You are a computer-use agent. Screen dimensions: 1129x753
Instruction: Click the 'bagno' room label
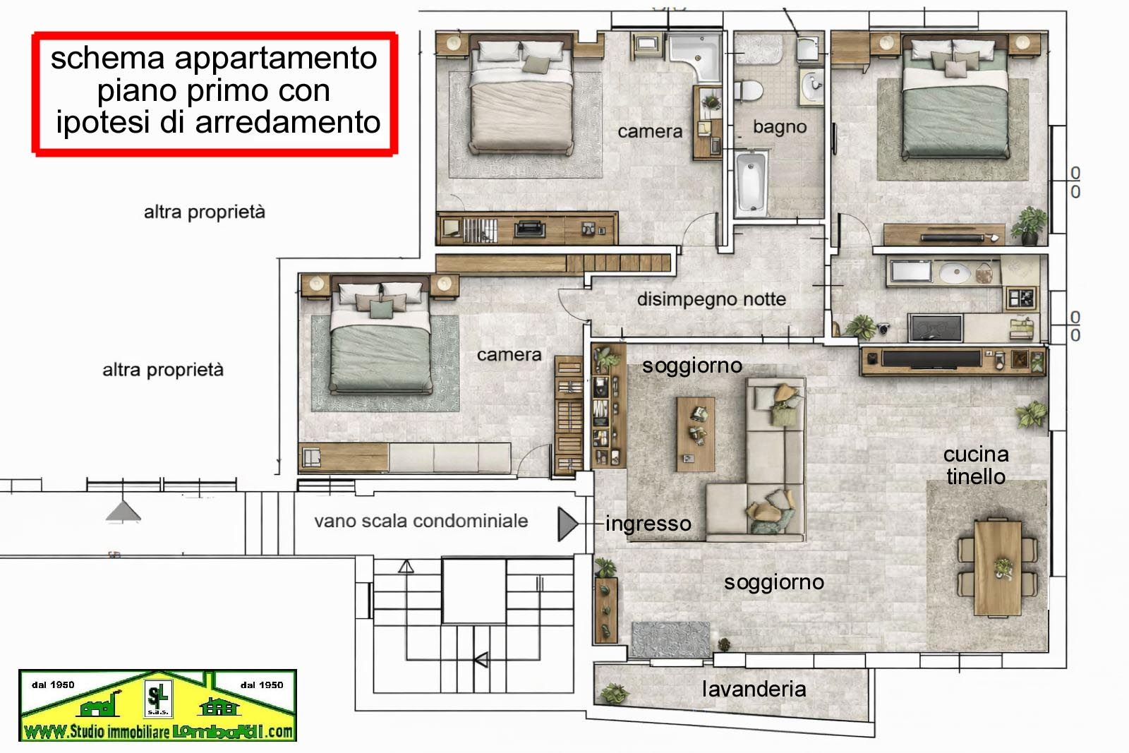coord(780,127)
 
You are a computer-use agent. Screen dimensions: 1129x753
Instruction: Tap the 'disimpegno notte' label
coord(711,299)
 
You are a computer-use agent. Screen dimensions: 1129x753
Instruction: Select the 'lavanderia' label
coord(754,689)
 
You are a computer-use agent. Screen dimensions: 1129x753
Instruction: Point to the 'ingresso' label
coord(648,524)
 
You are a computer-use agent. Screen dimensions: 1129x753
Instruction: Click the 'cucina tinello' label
coord(976,466)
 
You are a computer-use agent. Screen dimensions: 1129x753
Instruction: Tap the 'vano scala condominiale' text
coord(421,521)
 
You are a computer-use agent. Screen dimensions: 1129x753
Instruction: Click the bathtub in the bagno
coord(751,183)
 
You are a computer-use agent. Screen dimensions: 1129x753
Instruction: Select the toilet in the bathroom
coord(749,91)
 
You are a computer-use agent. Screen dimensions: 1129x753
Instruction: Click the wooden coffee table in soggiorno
coord(696,434)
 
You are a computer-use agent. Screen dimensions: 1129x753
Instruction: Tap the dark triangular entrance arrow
coord(567,524)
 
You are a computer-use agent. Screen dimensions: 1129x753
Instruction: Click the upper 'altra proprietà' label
coord(204,212)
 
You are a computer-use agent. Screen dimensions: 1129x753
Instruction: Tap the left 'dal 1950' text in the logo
coord(53,685)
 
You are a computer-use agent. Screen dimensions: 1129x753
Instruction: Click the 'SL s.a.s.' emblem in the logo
coord(158,699)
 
